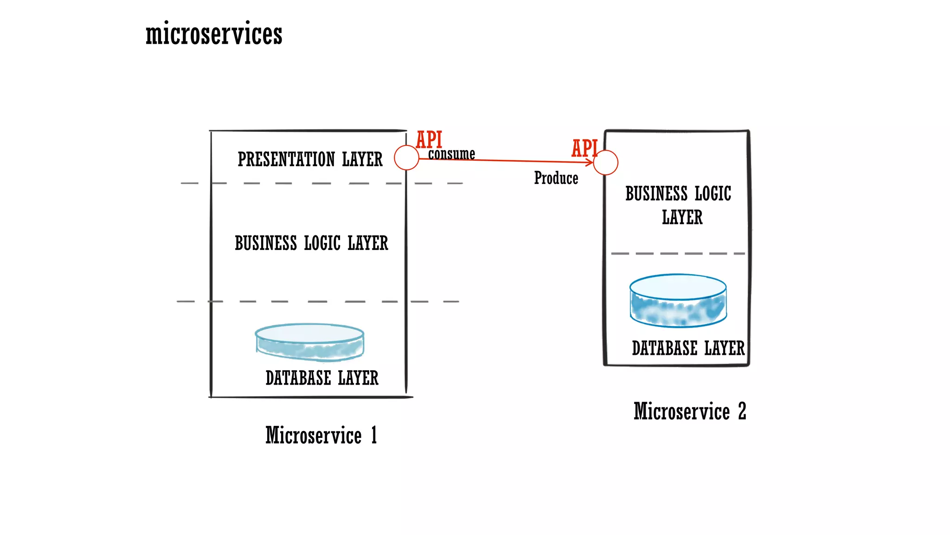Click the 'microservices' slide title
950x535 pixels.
pos(214,34)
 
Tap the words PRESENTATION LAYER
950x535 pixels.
pos(310,159)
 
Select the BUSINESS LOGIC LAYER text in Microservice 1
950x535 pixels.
pos(311,243)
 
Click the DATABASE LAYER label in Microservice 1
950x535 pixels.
pos(321,378)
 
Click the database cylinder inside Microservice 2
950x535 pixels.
pos(678,301)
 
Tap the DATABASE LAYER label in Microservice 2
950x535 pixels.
pos(688,348)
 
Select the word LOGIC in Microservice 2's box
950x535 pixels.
pos(712,194)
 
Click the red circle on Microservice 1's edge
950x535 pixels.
pos(406,158)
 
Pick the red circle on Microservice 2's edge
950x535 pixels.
pos(606,163)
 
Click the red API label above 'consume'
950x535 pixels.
pos(429,139)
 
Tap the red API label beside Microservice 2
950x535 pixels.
pos(584,148)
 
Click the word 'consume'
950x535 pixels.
pos(451,154)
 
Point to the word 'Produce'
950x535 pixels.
pos(556,178)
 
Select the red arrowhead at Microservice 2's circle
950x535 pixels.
pos(590,162)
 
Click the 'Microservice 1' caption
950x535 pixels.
pos(321,436)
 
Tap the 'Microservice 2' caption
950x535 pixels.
pos(690,411)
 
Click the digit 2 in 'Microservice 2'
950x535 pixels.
pos(742,411)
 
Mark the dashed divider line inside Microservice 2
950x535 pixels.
pos(678,254)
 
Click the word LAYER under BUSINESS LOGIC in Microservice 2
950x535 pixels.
pos(682,217)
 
